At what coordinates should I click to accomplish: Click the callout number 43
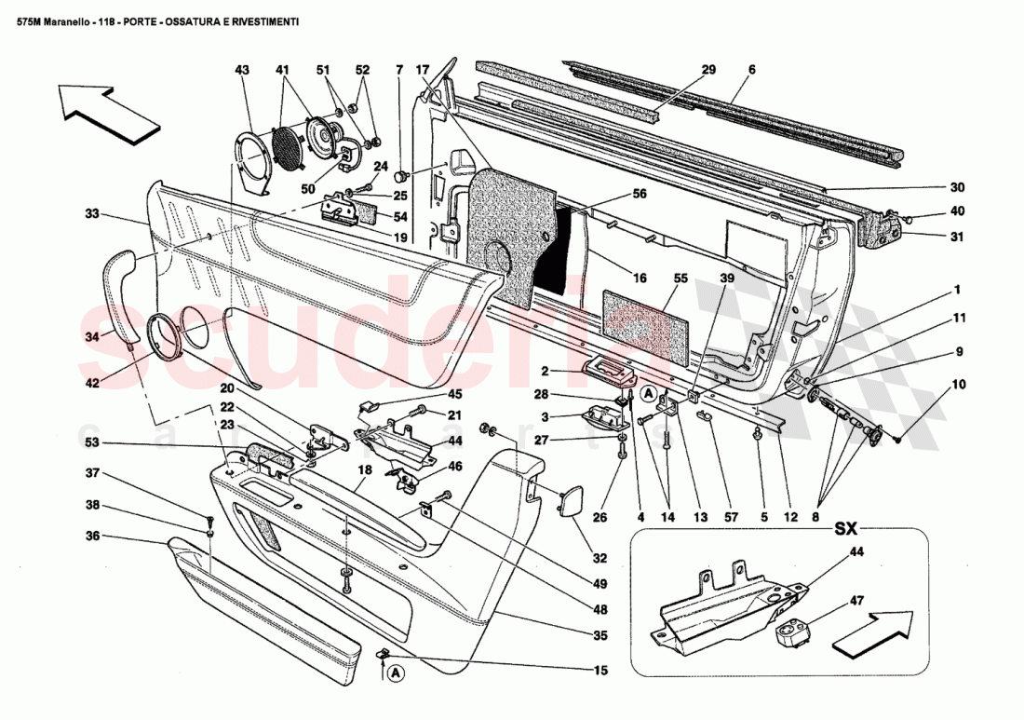(x=242, y=70)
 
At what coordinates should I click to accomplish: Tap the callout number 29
(x=708, y=70)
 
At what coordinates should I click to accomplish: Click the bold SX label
(x=844, y=528)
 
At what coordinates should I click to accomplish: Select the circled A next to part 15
(x=396, y=672)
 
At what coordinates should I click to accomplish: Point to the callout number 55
(x=680, y=278)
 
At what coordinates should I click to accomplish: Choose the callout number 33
(x=91, y=214)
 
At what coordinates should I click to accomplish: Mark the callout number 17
(x=423, y=70)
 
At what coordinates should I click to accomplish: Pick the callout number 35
(x=600, y=636)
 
